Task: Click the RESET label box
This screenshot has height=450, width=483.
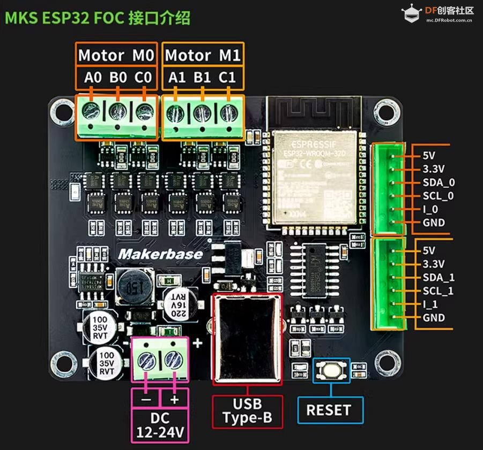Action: [x=328, y=410]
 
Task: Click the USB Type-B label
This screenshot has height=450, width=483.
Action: [x=247, y=411]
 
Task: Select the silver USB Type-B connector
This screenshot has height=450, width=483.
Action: [x=247, y=338]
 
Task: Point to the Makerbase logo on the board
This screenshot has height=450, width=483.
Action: [x=161, y=254]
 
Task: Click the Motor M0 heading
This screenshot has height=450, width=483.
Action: [x=116, y=55]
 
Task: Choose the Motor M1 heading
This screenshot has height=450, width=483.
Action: [x=203, y=55]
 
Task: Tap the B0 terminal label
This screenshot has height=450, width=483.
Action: [x=118, y=78]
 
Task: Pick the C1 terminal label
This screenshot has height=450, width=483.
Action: [x=227, y=78]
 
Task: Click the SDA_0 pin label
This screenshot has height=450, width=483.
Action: [x=439, y=182]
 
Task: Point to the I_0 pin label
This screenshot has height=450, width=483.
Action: [x=430, y=209]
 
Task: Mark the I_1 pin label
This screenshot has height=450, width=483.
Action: [x=430, y=304]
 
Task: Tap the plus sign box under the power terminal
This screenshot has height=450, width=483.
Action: [x=174, y=400]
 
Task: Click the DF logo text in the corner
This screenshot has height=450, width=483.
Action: [x=449, y=11]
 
